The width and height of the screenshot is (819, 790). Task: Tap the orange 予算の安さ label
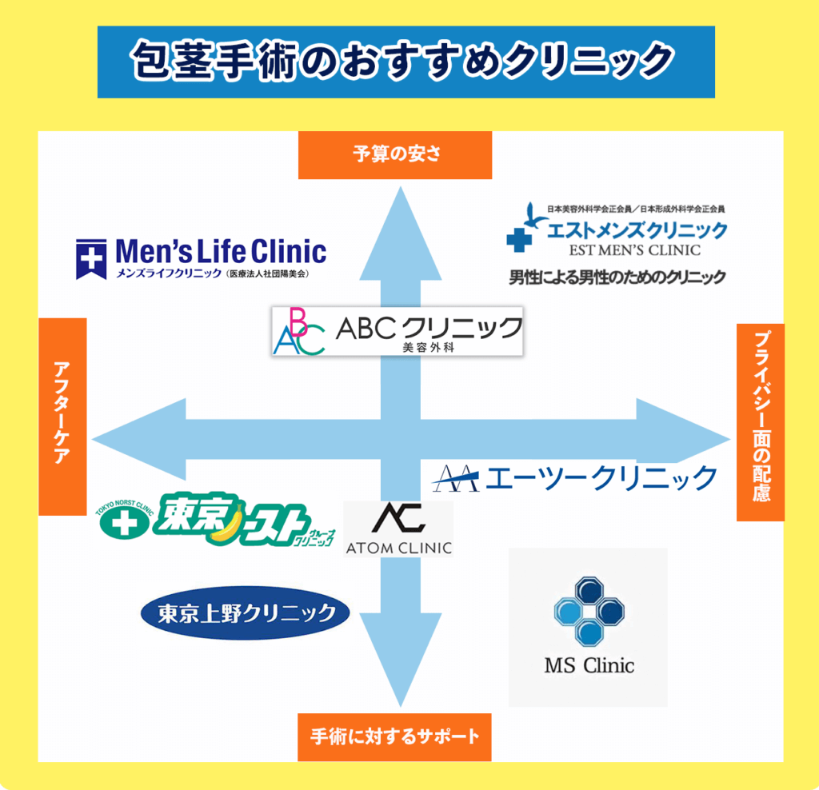[x=395, y=155]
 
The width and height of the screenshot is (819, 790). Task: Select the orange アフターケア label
[x=62, y=416]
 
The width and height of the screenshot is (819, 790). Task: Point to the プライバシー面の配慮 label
[x=760, y=422]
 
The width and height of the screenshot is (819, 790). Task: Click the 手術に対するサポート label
[x=394, y=736]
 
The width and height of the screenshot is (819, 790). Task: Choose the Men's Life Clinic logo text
[x=221, y=252]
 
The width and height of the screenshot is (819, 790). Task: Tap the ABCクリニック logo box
[x=397, y=331]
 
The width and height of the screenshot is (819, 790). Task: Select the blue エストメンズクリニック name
[x=637, y=231]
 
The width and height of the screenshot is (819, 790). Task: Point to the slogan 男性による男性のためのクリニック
[x=617, y=277]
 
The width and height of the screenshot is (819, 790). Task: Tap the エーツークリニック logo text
[x=601, y=477]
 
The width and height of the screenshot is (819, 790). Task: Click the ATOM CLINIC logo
[x=398, y=529]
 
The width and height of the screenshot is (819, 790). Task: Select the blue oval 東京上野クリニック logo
[x=245, y=614]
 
